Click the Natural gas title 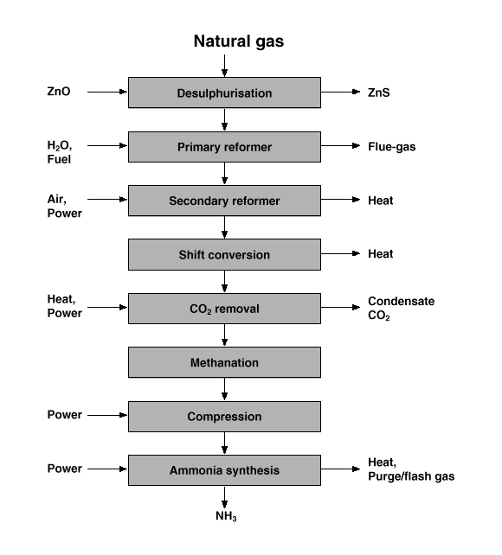pos(238,41)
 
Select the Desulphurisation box pos(225,92)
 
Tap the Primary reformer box pos(225,147)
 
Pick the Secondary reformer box pos(225,201)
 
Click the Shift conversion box pos(225,254)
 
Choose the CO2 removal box pos(225,309)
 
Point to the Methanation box pos(225,362)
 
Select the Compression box pos(225,417)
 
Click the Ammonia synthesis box pos(225,470)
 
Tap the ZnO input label pos(59,92)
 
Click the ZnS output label pos(379,92)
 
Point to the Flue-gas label pos(392,147)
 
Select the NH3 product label pos(226,516)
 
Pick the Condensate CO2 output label pos(401,308)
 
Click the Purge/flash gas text pos(411,476)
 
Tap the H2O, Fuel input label pos(60,152)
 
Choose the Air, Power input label pos(64,206)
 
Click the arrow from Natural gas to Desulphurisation pos(224,66)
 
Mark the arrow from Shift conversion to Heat pos(340,253)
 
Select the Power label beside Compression pos(64,414)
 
